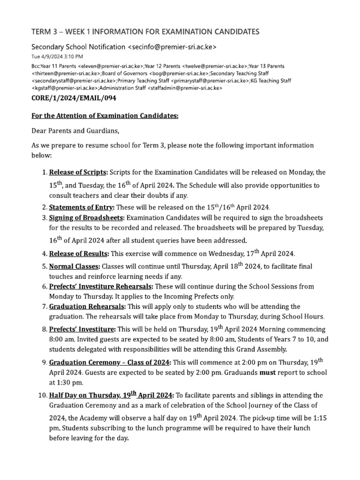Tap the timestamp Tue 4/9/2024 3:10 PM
click(57, 57)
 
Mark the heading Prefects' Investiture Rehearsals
click(101, 286)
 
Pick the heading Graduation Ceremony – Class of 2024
click(110, 362)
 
